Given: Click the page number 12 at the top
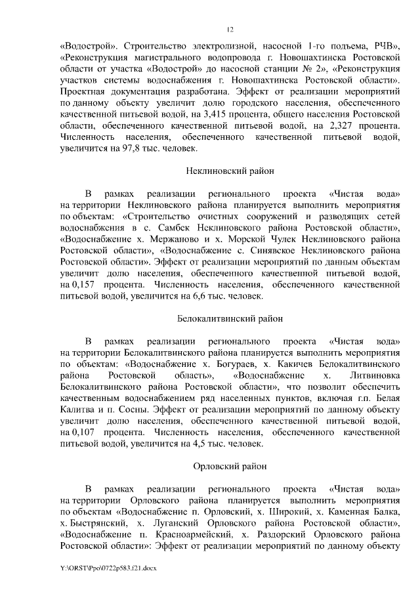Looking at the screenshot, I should click(x=230, y=30).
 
